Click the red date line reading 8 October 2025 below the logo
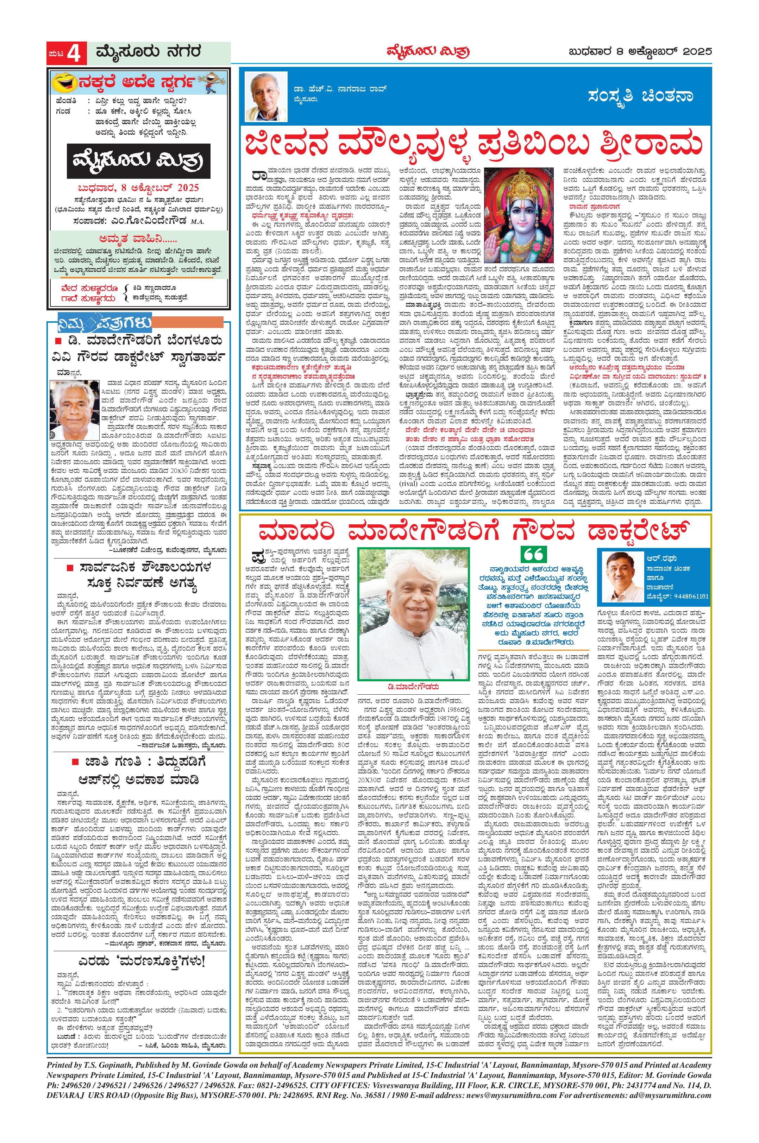(x=139, y=188)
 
